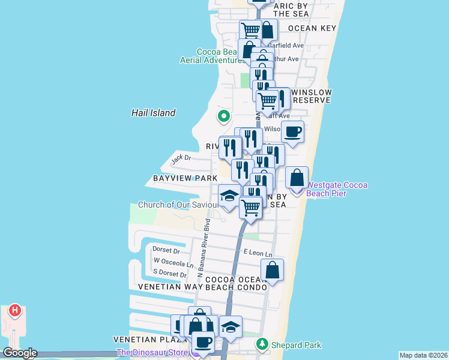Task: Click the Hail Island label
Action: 154,113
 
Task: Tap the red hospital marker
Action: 15,311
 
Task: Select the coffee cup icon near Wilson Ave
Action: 292,132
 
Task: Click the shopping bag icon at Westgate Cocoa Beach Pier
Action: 297,178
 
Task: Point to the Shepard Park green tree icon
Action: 262,344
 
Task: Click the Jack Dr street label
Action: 181,159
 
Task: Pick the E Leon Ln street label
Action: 258,254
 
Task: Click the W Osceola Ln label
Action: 173,262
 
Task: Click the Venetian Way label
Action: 170,287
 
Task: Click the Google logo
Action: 19,353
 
